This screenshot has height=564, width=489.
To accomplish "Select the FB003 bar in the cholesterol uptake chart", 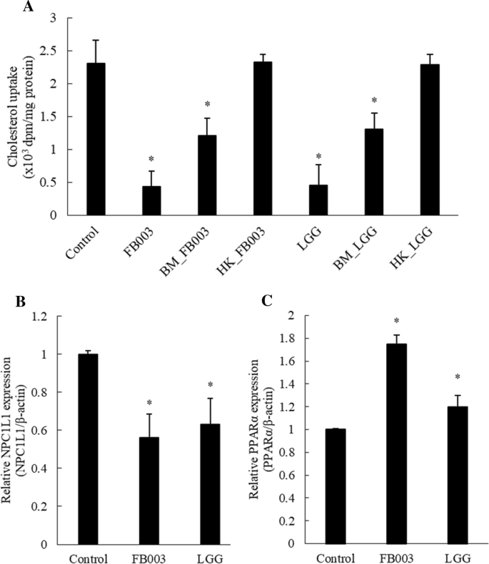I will coord(151,200).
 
